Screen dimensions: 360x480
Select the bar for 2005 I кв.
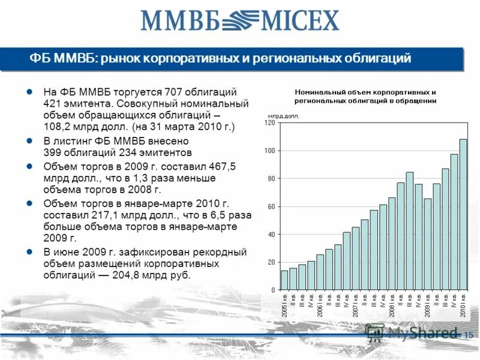pos(284,280)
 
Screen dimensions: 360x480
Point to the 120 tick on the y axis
pos(269,122)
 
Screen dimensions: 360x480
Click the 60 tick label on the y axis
pos(270,206)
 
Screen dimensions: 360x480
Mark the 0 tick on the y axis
pos(272,290)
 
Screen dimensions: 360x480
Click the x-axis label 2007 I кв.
pos(356,305)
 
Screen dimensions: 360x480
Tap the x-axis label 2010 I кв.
pos(463,305)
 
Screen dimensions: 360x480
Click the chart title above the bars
pos(365,96)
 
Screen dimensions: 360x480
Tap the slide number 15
pos(469,334)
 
